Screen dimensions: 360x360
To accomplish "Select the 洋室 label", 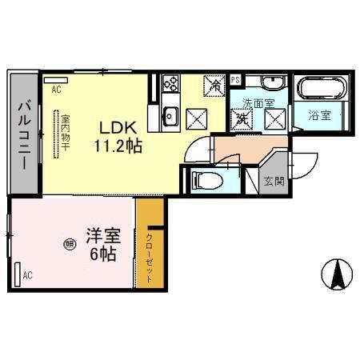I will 104,238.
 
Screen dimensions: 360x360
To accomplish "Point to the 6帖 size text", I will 104,255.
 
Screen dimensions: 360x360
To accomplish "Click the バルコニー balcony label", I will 23,134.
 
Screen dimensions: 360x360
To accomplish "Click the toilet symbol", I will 202,178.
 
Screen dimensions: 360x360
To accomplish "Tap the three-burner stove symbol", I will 170,83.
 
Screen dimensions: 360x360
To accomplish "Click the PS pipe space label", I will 235,79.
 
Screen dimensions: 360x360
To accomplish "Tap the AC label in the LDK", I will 56,90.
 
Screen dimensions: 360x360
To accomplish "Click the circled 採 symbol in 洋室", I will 70,246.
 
